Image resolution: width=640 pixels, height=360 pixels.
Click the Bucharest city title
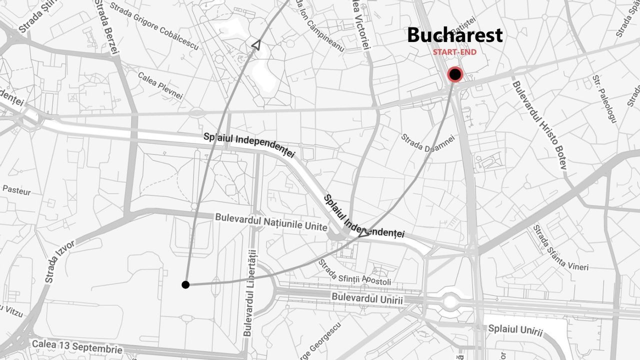pos(454,35)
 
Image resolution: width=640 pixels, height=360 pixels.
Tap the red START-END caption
pos(454,52)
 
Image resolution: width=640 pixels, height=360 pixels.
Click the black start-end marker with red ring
pos(455,75)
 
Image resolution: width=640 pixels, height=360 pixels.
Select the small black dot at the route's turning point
pos(185,285)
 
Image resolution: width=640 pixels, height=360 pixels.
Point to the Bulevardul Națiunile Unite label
pos(270,222)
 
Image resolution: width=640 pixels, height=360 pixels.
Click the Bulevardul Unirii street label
pos(367,298)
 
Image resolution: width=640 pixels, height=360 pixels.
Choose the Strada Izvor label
pos(59,261)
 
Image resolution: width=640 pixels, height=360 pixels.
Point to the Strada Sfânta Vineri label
pos(560,247)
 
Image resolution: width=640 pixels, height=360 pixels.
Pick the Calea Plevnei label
pos(160,85)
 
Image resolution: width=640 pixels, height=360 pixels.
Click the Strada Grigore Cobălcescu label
pos(154,26)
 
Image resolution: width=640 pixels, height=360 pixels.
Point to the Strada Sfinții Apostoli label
pos(354,272)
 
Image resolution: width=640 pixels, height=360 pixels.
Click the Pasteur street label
pos(16,190)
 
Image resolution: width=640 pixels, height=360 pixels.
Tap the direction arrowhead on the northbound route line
pos(256,45)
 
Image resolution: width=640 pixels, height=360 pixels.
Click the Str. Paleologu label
pos(604,98)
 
